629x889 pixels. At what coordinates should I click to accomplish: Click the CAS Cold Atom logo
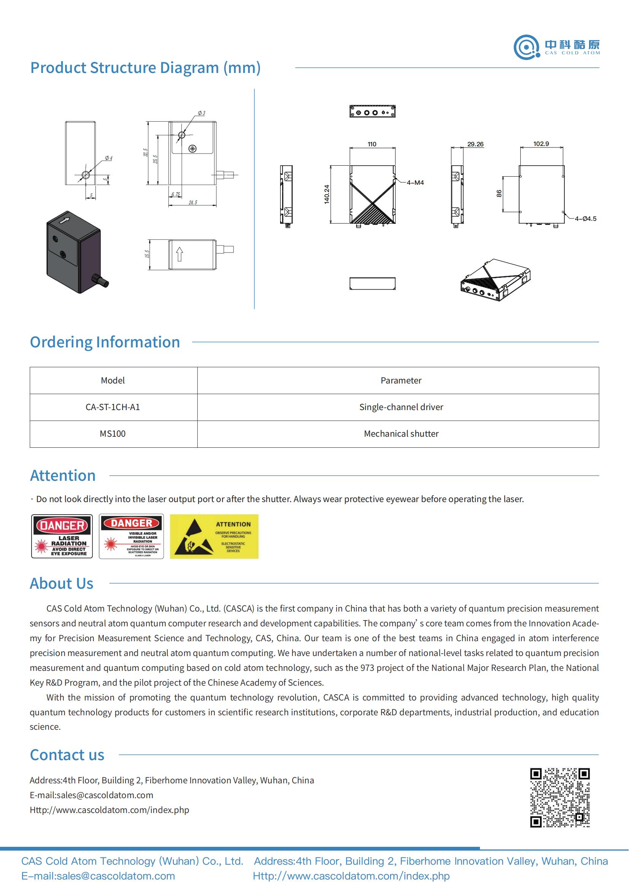tap(556, 47)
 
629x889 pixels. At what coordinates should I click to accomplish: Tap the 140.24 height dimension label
tap(327, 194)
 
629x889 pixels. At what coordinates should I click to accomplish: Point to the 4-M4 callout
tap(415, 182)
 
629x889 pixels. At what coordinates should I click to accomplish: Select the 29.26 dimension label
tap(475, 144)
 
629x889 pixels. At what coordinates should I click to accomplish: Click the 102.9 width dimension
tap(541, 144)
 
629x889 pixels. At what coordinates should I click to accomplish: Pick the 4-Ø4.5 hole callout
tap(585, 219)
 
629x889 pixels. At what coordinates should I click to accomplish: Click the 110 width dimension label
tap(372, 144)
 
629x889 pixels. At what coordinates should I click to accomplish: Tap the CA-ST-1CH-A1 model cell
tap(113, 407)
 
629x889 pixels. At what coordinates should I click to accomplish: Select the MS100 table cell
tap(113, 434)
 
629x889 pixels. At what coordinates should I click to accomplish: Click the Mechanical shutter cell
tap(401, 434)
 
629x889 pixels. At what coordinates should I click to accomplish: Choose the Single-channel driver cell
tap(401, 407)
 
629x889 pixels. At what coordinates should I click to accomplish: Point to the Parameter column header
tap(401, 380)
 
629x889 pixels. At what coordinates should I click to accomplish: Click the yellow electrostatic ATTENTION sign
tap(214, 536)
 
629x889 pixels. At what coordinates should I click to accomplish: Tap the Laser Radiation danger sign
tap(62, 536)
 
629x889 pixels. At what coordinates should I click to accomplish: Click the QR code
tap(560, 798)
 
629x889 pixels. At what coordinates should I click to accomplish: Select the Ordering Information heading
tap(105, 342)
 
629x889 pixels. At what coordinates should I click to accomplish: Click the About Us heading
tap(62, 583)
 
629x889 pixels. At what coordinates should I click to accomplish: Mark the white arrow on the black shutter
tap(64, 220)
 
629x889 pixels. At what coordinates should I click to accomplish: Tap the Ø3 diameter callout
tap(202, 113)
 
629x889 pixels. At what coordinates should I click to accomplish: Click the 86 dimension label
tap(499, 193)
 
